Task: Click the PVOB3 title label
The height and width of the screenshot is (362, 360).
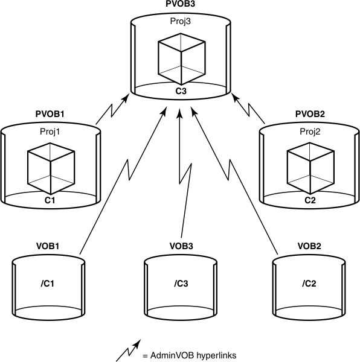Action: point(180,4)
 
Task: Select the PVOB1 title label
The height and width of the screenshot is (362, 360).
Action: point(51,113)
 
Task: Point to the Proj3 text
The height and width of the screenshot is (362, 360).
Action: point(180,22)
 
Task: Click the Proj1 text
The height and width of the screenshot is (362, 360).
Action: point(51,132)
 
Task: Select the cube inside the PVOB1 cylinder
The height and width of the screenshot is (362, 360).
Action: point(51,170)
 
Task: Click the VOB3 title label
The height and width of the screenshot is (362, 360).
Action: point(181,247)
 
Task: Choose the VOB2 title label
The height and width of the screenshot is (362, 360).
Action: point(310,247)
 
